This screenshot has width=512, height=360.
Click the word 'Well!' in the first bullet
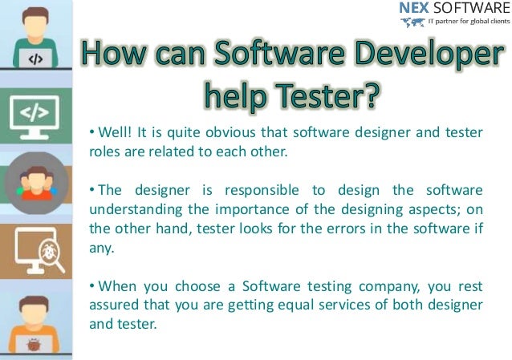114,131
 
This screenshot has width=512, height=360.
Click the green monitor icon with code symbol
37,115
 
